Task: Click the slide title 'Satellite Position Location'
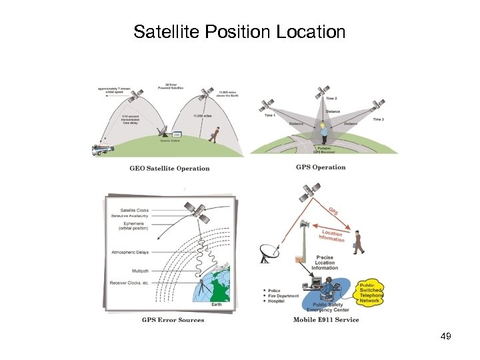[x=239, y=31]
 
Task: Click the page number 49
[x=446, y=336]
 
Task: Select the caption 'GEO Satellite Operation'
[x=169, y=169]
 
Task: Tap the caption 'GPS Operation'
[x=321, y=167]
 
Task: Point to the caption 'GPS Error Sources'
[x=173, y=320]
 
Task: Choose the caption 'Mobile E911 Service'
[x=326, y=319]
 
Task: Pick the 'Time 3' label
[x=378, y=119]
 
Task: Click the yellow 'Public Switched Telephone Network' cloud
[x=371, y=291]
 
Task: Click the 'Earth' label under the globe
[x=217, y=304]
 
